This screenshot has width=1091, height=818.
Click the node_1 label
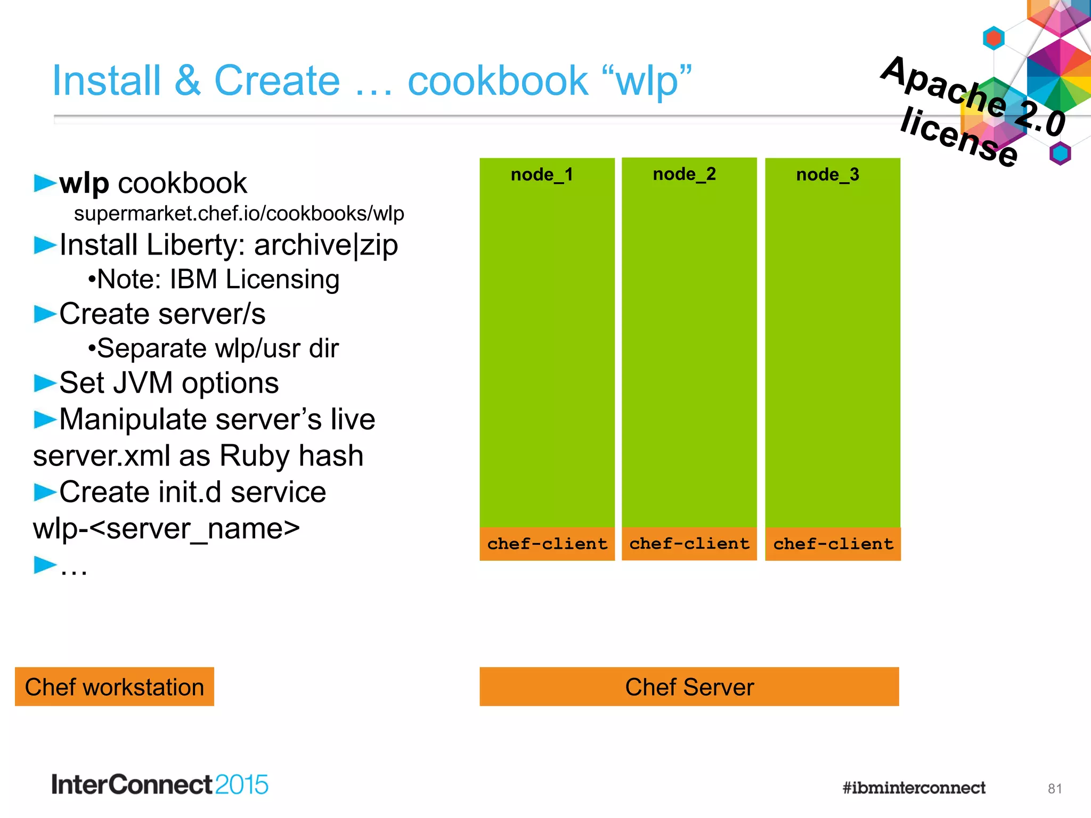coord(542,175)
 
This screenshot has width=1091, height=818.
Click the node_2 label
coord(685,174)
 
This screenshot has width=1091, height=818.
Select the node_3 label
coord(828,175)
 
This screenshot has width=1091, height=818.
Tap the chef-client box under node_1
coord(547,544)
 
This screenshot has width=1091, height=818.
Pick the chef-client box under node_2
coord(689,544)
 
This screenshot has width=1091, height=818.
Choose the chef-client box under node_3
coord(833,544)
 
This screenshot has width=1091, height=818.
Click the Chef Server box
coord(689,687)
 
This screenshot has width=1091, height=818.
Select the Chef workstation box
coord(115,687)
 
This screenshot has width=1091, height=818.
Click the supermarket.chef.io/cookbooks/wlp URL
coord(239,214)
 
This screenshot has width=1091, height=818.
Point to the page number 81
coord(1055,789)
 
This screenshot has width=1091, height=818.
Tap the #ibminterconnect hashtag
coord(914,788)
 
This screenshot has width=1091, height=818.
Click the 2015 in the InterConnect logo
coord(242,785)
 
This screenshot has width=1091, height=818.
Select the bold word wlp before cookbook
coord(84,183)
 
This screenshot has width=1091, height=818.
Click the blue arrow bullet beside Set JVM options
coord(45,383)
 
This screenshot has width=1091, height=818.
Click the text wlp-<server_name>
coord(166,529)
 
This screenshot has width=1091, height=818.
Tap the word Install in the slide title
coord(107,81)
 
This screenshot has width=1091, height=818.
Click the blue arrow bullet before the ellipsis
coord(45,565)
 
